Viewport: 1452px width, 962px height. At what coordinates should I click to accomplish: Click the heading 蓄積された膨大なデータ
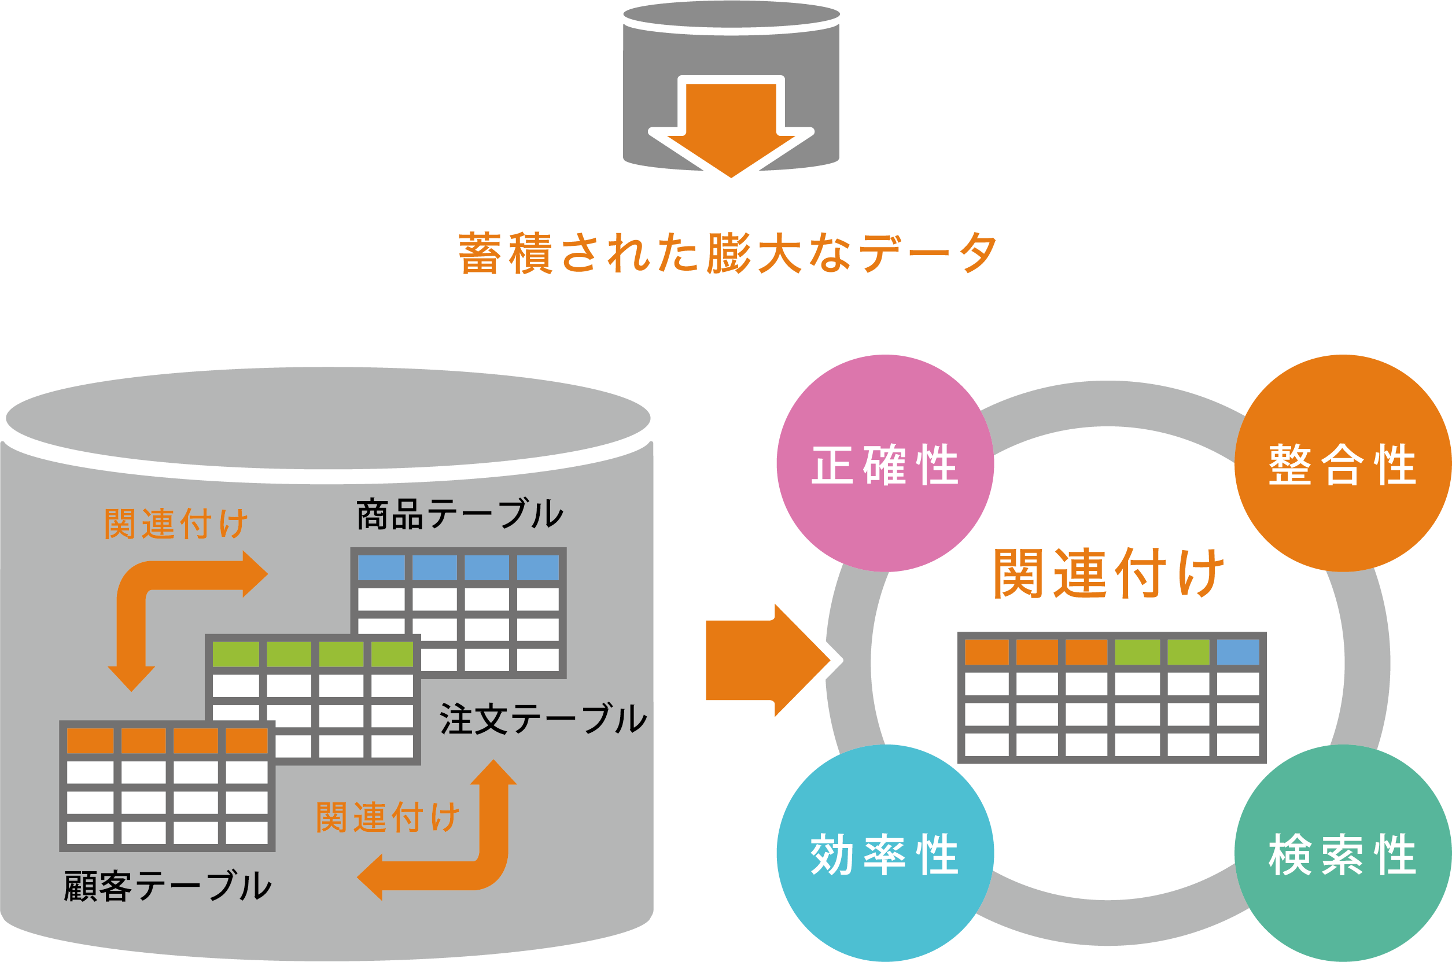click(x=728, y=252)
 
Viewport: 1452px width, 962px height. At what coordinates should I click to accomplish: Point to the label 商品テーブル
click(x=459, y=514)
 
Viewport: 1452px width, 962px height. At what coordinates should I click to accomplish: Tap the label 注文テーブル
click(x=543, y=718)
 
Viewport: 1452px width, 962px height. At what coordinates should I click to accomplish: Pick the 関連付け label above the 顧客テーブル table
click(x=176, y=524)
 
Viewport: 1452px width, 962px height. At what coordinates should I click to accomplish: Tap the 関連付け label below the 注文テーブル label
click(x=388, y=817)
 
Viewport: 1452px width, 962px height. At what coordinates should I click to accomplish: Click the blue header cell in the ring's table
click(x=1238, y=652)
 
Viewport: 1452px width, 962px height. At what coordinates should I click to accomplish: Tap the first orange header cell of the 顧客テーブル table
click(x=90, y=740)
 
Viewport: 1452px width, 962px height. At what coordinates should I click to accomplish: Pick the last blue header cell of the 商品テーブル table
click(x=537, y=567)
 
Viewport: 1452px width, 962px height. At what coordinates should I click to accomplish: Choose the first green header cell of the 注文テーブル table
click(x=235, y=654)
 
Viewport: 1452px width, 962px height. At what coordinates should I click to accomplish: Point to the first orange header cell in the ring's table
click(x=986, y=652)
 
